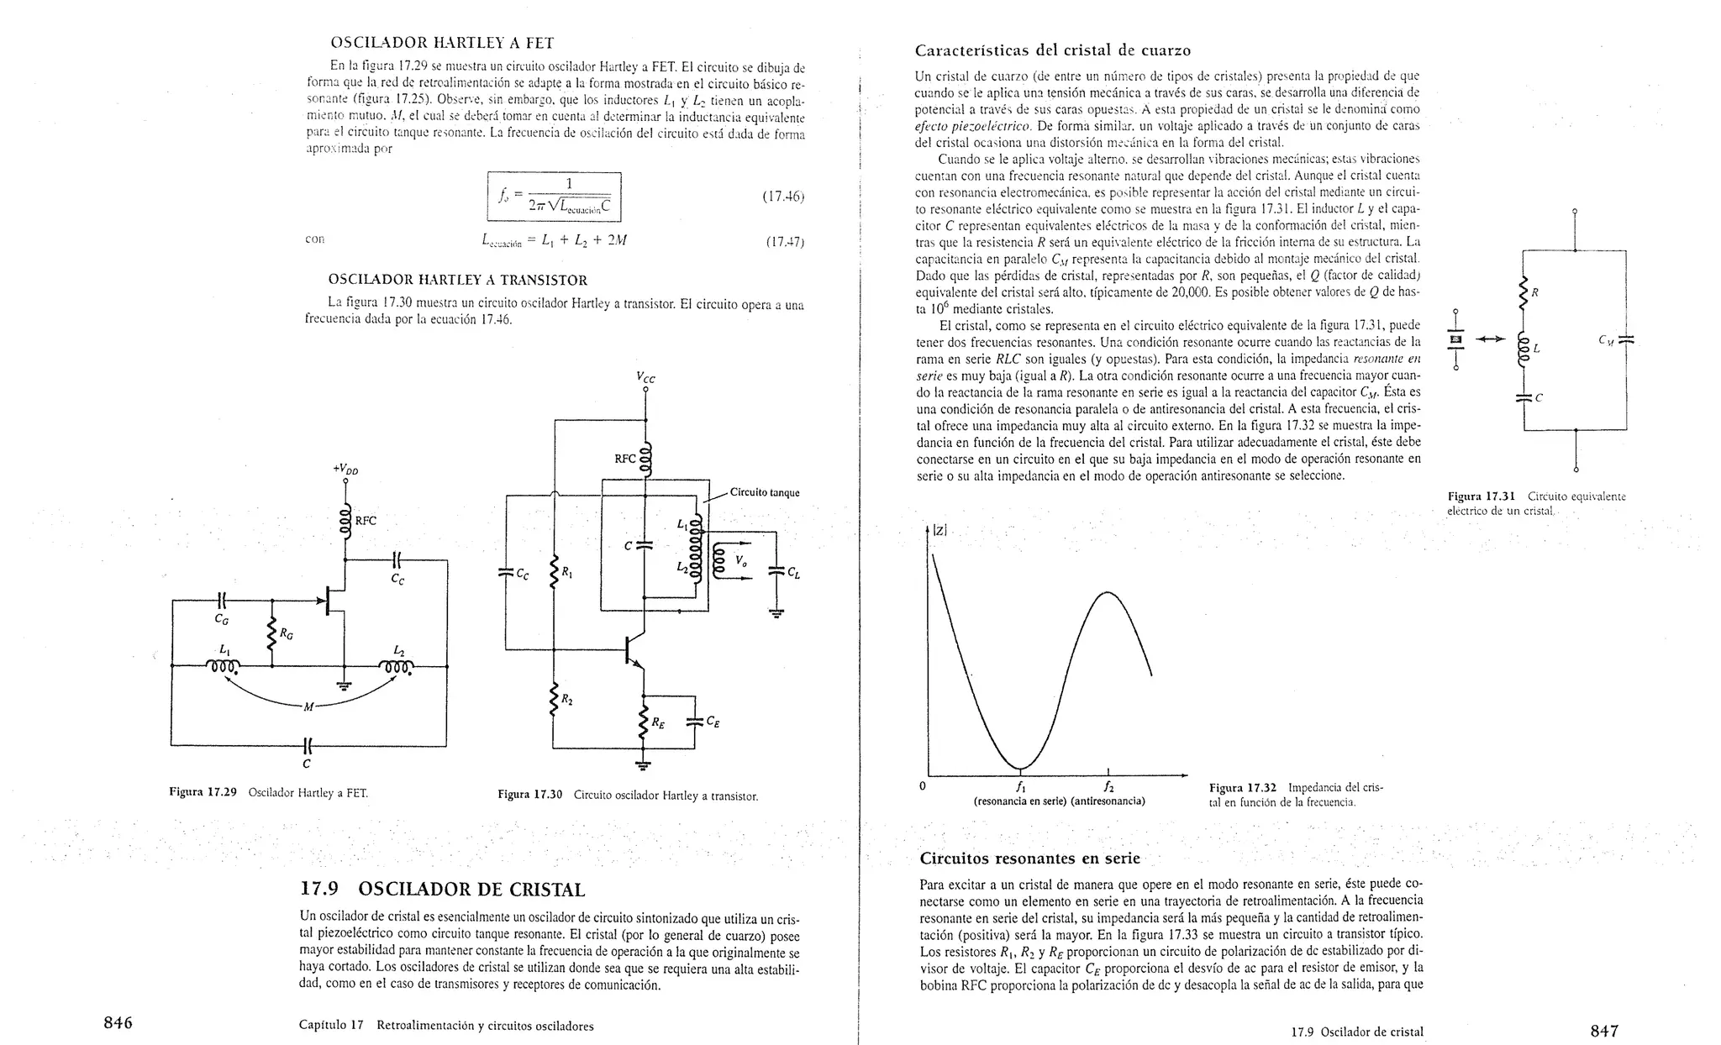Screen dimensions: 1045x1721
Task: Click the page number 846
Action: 118,1023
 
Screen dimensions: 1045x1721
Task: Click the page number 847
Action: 1604,1030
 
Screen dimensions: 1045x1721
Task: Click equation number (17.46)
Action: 782,197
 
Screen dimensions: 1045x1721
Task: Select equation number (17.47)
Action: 785,242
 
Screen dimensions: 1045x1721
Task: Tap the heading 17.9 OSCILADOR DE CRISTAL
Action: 443,890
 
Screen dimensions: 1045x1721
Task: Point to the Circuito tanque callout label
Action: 765,492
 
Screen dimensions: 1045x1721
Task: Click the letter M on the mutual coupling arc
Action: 308,706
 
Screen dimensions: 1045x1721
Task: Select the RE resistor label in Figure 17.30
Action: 659,723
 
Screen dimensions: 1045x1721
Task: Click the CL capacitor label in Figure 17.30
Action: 793,574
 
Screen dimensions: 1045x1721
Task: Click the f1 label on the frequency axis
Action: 1020,787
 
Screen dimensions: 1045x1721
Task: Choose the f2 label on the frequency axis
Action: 1109,787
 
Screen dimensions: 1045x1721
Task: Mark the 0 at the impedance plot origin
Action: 923,786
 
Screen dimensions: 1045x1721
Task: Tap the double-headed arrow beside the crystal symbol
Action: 1491,339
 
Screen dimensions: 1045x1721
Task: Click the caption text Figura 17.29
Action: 203,792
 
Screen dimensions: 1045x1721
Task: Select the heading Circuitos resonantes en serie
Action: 1029,859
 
